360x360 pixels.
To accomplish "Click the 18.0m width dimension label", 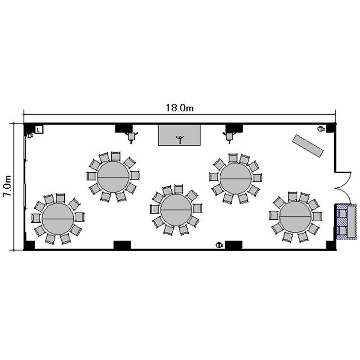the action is point(180,108).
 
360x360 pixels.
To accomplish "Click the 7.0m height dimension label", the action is point(7,186).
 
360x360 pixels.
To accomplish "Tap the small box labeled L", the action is point(39,130).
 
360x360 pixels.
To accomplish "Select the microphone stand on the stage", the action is point(180,139).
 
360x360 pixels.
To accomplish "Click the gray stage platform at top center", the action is point(180,135).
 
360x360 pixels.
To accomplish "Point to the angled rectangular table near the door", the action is point(308,146).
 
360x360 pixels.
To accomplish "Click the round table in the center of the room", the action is point(176,210).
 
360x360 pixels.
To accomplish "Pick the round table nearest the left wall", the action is point(58,219).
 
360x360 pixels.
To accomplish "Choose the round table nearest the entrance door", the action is point(295,216).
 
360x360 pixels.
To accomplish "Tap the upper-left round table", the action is point(113,177).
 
